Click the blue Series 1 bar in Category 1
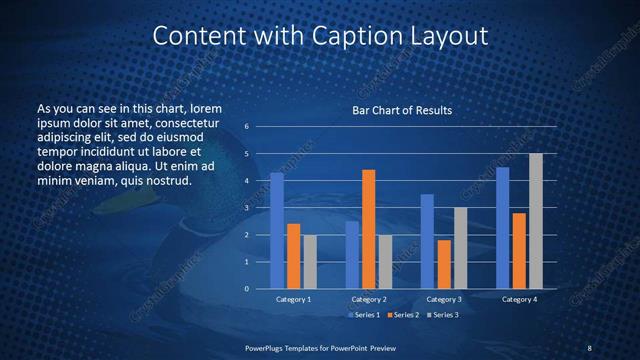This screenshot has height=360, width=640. pos(277,231)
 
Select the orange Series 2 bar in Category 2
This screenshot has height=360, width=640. pos(368,229)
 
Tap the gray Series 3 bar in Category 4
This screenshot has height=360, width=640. pos(536,221)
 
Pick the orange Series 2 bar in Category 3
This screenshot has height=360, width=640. pos(444,264)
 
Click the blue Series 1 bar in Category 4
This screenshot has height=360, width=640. pos(503,228)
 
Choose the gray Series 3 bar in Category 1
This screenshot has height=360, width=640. pos(310,262)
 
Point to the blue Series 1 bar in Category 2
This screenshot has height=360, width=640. pos(352,255)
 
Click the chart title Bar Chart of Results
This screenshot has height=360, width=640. pos(402,110)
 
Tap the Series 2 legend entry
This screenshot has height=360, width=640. pos(402,315)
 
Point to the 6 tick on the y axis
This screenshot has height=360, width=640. pos(246,127)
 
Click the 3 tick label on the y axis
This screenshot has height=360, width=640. pos(246,208)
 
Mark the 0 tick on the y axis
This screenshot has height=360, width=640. pos(246,289)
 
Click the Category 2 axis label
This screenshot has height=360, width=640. pos(369,299)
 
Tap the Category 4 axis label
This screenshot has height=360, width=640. pos(519,299)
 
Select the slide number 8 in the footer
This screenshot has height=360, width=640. pos(589,347)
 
